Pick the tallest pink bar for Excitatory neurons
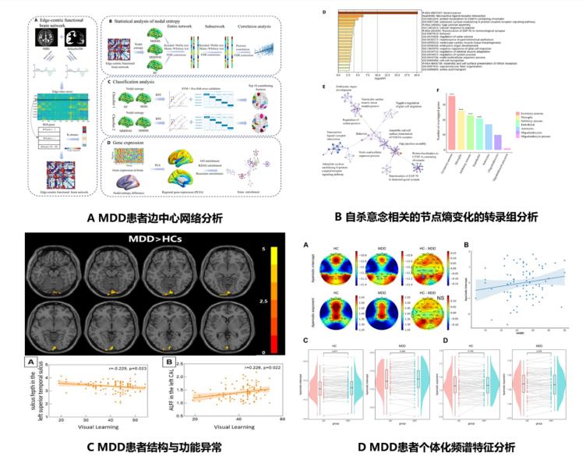tap(452, 115)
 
